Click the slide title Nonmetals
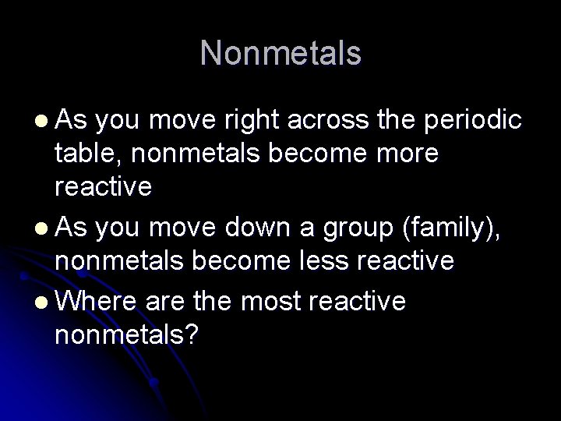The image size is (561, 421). (280, 54)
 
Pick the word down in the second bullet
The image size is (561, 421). (252, 227)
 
